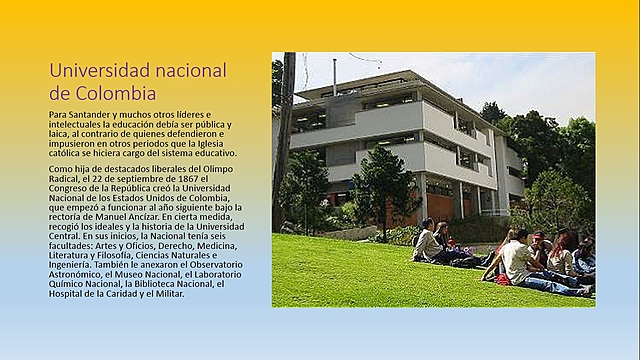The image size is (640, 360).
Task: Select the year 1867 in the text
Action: point(196,180)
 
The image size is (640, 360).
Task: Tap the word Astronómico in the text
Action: point(73,270)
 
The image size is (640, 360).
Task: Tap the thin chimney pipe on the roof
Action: point(334,75)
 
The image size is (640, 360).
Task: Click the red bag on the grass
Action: point(502,279)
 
